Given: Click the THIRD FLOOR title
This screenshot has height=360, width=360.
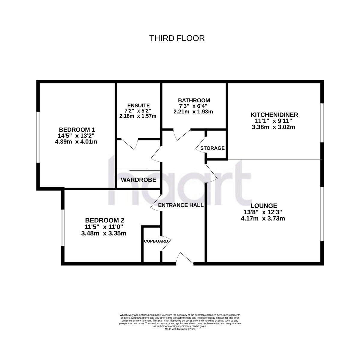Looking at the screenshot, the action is click(x=177, y=38).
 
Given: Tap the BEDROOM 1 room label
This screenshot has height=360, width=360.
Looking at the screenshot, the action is click(x=77, y=130).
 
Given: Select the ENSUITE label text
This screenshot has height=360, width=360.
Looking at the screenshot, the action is click(x=138, y=105).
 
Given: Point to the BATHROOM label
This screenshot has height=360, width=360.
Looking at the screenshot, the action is click(x=194, y=100).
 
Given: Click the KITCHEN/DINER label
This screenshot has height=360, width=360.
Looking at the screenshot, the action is click(x=274, y=115).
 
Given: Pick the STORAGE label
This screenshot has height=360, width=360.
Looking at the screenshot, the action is click(x=212, y=148).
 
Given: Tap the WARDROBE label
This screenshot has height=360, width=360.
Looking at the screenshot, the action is click(x=138, y=180).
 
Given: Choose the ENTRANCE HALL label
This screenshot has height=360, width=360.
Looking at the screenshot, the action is click(x=181, y=205).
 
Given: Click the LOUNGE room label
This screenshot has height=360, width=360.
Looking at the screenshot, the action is click(x=264, y=206).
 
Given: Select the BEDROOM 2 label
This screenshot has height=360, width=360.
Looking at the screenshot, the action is click(x=105, y=220).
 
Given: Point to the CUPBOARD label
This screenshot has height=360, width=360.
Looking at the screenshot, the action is click(x=156, y=241).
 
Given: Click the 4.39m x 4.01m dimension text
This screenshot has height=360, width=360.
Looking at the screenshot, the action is click(x=76, y=142).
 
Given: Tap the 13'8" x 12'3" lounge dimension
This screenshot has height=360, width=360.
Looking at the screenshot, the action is click(x=263, y=212).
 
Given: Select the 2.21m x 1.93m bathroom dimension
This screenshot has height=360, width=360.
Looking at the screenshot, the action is click(x=193, y=112).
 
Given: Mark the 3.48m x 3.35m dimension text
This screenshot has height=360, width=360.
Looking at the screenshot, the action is click(x=104, y=233).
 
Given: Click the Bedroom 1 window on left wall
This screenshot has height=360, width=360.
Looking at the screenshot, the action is click(x=38, y=137).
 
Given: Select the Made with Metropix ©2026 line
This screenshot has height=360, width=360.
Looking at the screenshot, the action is click(x=180, y=334).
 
